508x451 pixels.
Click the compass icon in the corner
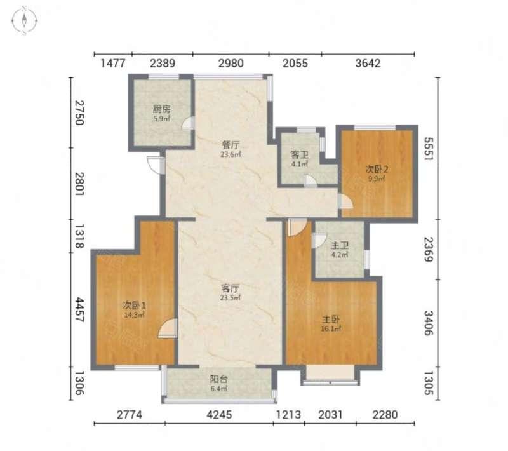point(24,21)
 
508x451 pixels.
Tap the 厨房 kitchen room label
point(162,109)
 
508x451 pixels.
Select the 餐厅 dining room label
point(231,145)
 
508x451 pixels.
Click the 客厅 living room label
point(231,288)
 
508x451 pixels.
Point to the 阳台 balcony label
point(218,379)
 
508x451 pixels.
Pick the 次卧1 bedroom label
point(134,305)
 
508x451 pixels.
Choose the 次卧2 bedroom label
point(377,169)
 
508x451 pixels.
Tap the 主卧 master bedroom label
point(331,320)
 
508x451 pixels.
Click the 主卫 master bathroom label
point(340,245)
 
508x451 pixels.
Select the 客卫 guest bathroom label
point(300,154)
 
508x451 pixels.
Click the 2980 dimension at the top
point(231,63)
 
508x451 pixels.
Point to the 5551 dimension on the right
point(429,149)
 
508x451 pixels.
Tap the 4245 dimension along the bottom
point(219,414)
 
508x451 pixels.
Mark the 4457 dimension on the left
point(79,310)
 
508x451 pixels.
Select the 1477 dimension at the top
point(113,63)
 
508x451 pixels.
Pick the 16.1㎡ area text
point(331,329)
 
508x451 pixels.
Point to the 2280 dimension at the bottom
point(385,414)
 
